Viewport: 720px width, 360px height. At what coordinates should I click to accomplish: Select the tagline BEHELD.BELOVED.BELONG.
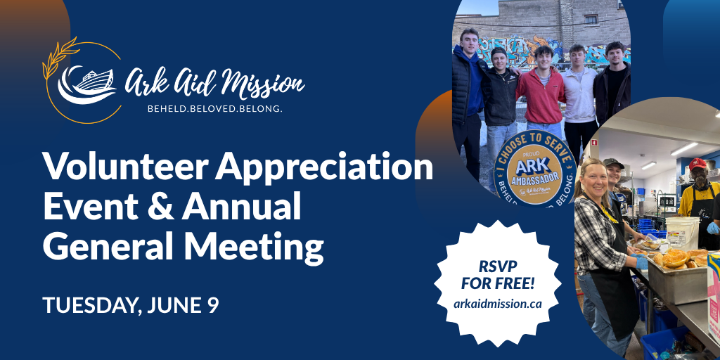pos(214,110)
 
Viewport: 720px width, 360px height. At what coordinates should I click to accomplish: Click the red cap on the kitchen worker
pos(697,165)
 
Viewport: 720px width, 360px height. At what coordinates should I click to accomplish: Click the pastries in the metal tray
pos(675,258)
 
